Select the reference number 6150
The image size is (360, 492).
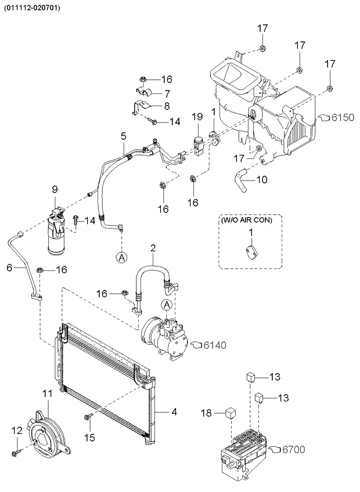pyautogui.click(x=342, y=117)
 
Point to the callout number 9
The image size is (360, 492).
pyautogui.click(x=55, y=189)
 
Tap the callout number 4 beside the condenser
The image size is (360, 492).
pyautogui.click(x=173, y=413)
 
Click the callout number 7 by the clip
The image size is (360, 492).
pyautogui.click(x=167, y=93)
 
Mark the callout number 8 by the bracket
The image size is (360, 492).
pyautogui.click(x=167, y=106)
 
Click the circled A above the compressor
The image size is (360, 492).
pyautogui.click(x=167, y=305)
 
